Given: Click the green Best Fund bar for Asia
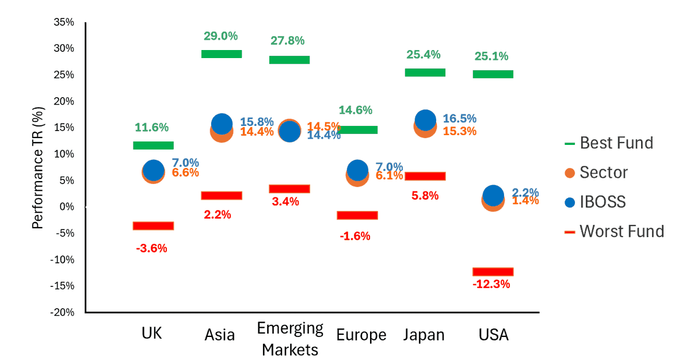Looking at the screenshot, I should (x=222, y=54).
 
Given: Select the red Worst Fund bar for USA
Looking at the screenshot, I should (x=493, y=271).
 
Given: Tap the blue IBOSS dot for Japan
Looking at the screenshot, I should (x=426, y=120).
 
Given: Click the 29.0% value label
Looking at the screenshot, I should (x=220, y=36).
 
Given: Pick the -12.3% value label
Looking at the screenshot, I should (x=491, y=284).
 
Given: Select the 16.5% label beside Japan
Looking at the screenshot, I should (x=459, y=118).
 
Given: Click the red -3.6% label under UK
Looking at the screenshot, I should (x=151, y=248).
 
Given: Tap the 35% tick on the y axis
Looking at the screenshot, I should (x=64, y=22).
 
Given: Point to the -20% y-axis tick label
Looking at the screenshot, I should (x=62, y=312).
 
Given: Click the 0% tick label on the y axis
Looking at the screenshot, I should (x=67, y=206).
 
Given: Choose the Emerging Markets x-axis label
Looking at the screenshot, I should (x=290, y=339).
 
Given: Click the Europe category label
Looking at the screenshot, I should (x=361, y=335).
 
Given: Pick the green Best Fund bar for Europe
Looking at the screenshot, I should (x=357, y=130).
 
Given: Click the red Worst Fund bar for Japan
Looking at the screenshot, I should (x=425, y=176).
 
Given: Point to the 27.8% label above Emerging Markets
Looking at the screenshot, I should (x=288, y=41).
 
